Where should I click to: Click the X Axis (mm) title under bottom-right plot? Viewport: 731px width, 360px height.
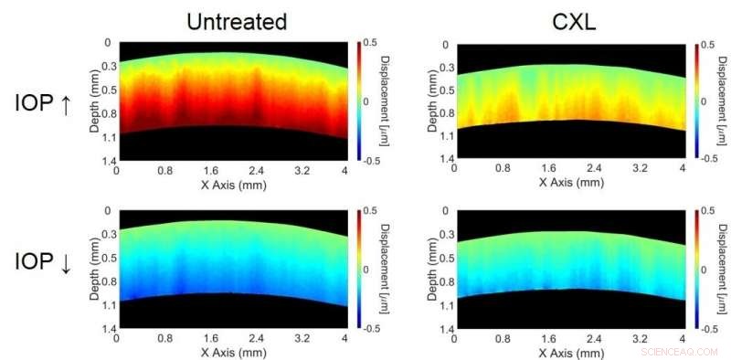[x=570, y=352]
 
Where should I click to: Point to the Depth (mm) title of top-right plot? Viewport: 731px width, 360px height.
[x=432, y=101]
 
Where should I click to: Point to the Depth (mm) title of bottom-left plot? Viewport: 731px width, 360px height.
[x=94, y=270]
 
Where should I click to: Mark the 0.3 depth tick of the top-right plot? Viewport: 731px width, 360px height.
[x=444, y=67]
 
